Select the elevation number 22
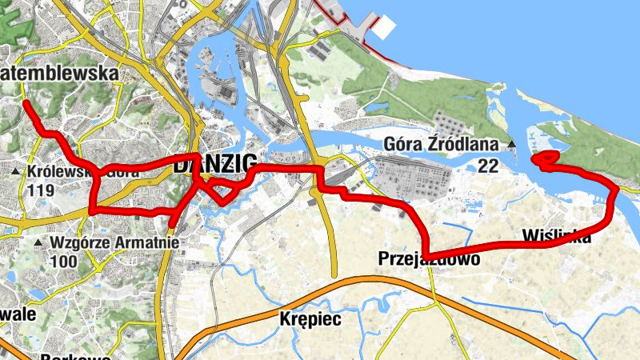pos(488,166)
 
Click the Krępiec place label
pos(311,318)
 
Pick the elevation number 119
pos(40,190)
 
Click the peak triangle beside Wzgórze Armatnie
pos(38,242)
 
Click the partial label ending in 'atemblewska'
pos(59,74)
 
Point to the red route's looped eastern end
pos(544,160)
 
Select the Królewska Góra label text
pos(83,171)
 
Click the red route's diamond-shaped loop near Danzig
pos(221,190)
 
